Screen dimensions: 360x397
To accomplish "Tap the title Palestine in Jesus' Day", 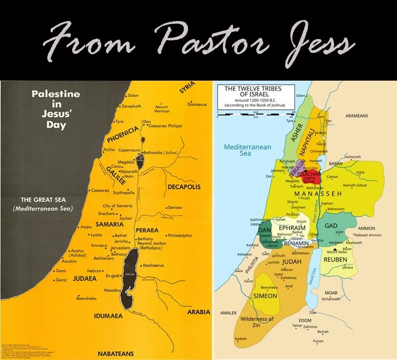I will tap(56, 109).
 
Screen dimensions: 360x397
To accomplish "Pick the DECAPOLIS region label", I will tap(182, 187).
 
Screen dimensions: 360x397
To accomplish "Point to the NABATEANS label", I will tap(115, 353).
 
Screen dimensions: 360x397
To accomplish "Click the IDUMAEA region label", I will tap(108, 315).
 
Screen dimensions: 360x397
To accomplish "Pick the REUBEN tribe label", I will tap(335, 259).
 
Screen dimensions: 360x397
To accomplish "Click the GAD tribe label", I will tap(330, 226).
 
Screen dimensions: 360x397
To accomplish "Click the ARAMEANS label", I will tap(356, 116).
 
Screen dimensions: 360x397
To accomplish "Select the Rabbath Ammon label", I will tap(368, 235).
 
